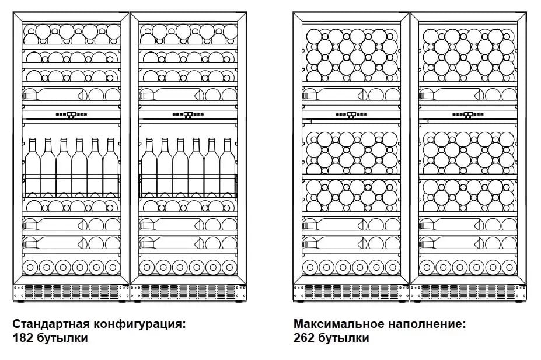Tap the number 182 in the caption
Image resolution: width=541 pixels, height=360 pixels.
tap(23, 338)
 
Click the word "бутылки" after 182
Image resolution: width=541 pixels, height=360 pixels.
tap(62, 338)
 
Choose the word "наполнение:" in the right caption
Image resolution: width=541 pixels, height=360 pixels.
tap(427, 324)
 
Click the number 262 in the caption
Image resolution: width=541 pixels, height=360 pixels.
tap(304, 338)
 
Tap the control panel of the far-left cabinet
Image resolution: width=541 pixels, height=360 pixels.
tap(71, 114)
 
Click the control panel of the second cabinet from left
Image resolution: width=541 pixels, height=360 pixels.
tap(188, 114)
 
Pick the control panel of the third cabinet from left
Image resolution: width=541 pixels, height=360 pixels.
tap(351, 114)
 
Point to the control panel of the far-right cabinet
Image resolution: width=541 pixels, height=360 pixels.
tap(468, 114)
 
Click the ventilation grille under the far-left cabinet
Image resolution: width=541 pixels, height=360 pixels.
tap(71, 292)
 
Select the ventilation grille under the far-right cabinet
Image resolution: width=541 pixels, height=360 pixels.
tap(468, 292)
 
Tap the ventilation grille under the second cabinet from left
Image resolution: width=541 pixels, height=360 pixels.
tap(188, 292)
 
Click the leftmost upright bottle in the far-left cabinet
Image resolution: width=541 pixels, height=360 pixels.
tap(33, 167)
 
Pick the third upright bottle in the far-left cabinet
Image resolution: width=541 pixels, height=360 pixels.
tap(64, 167)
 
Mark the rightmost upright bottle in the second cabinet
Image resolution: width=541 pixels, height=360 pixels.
tap(228, 167)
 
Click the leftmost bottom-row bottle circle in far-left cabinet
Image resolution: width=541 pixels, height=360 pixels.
tap(30, 267)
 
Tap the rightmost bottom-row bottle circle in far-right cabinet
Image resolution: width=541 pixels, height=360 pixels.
tap(509, 267)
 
